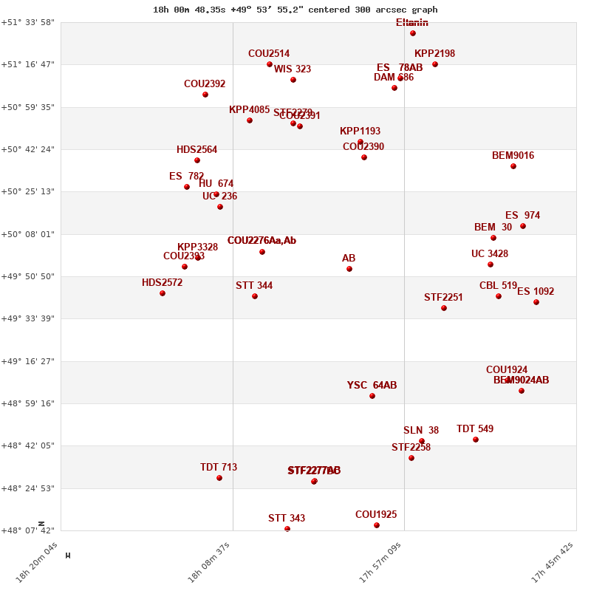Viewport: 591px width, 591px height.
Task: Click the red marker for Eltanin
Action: (x=413, y=33)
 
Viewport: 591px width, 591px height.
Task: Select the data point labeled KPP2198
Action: (x=435, y=64)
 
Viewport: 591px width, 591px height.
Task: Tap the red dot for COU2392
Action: (x=205, y=95)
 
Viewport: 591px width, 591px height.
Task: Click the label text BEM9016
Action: (x=513, y=156)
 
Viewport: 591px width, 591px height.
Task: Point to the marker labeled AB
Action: (x=349, y=269)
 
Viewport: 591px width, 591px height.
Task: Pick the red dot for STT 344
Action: (x=255, y=296)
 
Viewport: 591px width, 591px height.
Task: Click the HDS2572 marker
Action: (x=163, y=293)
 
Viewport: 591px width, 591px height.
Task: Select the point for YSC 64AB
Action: (x=372, y=396)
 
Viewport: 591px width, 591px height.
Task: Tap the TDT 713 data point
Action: (x=219, y=478)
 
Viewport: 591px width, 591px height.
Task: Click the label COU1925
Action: (x=376, y=515)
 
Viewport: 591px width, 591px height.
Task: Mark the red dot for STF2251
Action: (x=444, y=308)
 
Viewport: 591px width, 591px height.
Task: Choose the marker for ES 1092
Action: (x=536, y=302)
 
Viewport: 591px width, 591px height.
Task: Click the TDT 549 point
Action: (x=476, y=440)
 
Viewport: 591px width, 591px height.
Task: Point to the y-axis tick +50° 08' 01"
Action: (x=30, y=234)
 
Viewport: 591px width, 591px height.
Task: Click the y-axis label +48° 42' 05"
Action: (x=30, y=445)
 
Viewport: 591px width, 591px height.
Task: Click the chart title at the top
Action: (x=295, y=10)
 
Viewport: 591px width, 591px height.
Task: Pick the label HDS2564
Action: (x=197, y=150)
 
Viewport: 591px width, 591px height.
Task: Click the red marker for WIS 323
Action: (x=293, y=80)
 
